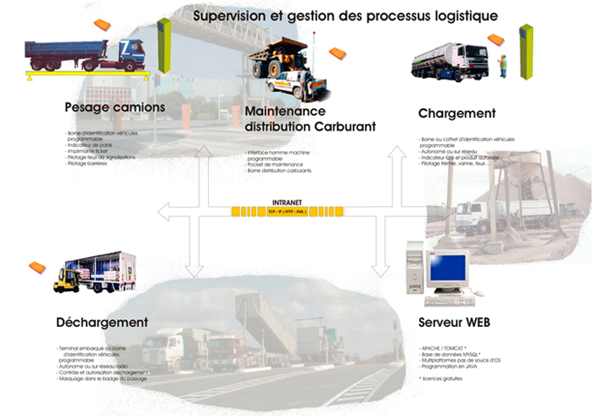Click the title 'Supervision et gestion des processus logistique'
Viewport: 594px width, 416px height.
point(346,16)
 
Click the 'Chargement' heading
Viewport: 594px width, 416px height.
point(457,114)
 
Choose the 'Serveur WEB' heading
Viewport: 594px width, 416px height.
point(453,322)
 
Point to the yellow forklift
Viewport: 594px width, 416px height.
point(65,280)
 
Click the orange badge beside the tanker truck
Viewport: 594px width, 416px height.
point(496,39)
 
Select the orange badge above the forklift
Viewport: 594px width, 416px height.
point(37,266)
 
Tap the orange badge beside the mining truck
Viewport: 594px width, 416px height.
point(336,54)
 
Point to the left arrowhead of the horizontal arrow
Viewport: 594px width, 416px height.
point(161,211)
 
